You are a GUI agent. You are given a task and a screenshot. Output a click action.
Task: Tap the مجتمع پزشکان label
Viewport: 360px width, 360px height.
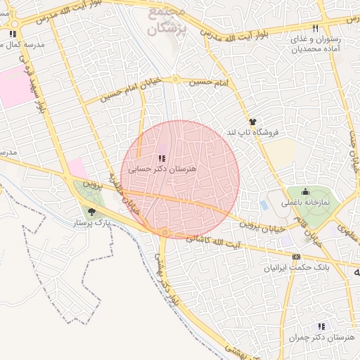(x=166, y=22)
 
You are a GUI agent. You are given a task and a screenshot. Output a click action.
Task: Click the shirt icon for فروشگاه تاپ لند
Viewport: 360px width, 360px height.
(x=252, y=122)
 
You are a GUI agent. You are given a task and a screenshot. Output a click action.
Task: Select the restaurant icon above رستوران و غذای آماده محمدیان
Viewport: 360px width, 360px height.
(x=316, y=28)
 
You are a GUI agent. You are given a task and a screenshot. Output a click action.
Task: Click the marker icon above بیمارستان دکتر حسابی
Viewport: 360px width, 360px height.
(x=162, y=159)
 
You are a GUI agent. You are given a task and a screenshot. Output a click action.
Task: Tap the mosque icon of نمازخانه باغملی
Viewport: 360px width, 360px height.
(x=305, y=191)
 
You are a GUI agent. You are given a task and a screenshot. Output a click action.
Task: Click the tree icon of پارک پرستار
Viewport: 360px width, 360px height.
(x=91, y=210)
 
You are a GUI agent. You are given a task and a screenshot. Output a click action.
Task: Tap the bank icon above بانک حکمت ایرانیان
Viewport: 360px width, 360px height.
(x=296, y=257)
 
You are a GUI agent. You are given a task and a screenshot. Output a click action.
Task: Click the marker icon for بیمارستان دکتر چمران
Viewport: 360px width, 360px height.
(x=321, y=326)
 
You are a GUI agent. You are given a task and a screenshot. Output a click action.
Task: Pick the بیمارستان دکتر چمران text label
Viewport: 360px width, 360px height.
(x=321, y=337)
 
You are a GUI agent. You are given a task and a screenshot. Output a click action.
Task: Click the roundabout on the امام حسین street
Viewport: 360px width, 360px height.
(x=176, y=79)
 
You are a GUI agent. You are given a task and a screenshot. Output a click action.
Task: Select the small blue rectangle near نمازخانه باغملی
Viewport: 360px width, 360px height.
(x=264, y=205)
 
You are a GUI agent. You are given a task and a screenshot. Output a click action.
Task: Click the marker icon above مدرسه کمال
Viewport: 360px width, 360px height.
(x=13, y=34)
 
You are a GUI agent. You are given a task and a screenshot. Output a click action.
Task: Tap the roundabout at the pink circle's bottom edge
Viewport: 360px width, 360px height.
(x=165, y=232)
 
